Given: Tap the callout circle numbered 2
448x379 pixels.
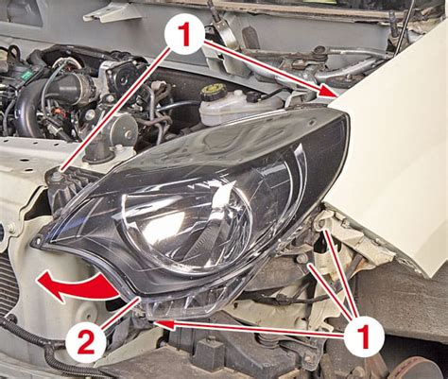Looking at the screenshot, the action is pyautogui.click(x=85, y=342).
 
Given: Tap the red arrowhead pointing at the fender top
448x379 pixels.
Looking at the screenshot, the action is pyautogui.click(x=328, y=91).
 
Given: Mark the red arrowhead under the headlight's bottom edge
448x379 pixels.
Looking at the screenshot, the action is pyautogui.click(x=164, y=324).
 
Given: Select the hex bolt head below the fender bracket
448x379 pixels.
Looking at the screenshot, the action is pyautogui.click(x=302, y=259).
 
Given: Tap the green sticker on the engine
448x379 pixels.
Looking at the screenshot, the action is pyautogui.click(x=26, y=75).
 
